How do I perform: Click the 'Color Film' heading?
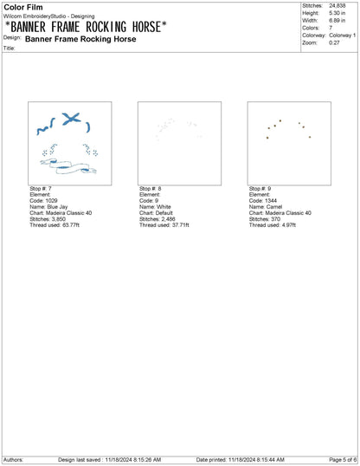pos(23,7)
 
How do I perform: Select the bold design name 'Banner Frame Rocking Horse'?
pos(80,39)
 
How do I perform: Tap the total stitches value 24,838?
pos(337,6)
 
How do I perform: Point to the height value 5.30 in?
pos(337,13)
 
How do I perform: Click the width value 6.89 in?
pos(337,21)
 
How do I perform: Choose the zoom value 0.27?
pos(334,42)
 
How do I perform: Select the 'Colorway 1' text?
pos(342,36)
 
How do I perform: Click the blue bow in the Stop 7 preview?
pos(71,119)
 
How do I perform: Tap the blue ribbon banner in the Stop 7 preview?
pos(68,166)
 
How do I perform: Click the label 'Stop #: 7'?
pos(41,189)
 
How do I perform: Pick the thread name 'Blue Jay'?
pos(57,207)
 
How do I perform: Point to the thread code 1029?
pos(51,201)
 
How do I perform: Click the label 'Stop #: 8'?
pos(151,189)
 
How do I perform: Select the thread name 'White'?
pos(164,207)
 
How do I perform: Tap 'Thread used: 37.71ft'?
pos(164,225)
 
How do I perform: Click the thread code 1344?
pos(271,201)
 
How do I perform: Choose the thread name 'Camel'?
pos(274,207)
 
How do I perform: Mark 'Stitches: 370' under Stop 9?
pos(265,219)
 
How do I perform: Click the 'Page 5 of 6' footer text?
pos(343,460)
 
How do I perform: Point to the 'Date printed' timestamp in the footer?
pos(241,460)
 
